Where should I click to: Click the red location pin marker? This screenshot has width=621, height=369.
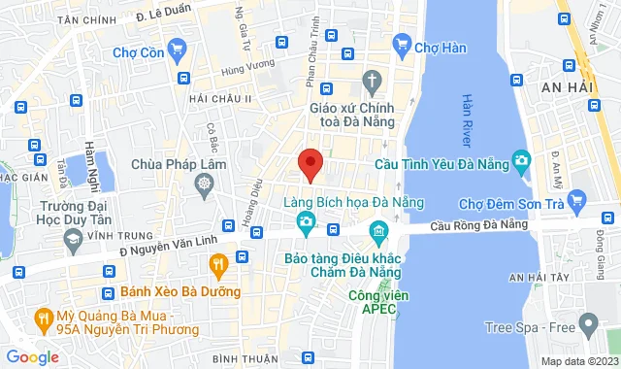click(310, 164)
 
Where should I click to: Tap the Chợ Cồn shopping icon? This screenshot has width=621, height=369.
click(176, 48)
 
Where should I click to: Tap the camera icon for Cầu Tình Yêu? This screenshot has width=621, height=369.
click(522, 159)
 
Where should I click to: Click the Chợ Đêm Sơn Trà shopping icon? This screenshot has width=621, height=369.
click(578, 203)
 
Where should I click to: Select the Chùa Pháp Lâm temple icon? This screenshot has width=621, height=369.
click(205, 183)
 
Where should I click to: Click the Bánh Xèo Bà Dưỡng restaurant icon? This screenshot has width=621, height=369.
click(219, 262)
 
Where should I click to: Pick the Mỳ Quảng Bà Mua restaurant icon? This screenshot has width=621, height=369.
click(44, 317)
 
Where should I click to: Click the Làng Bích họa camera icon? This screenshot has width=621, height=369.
click(306, 223)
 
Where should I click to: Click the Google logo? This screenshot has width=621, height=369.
click(32, 356)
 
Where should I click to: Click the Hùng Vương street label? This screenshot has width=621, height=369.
click(243, 70)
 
